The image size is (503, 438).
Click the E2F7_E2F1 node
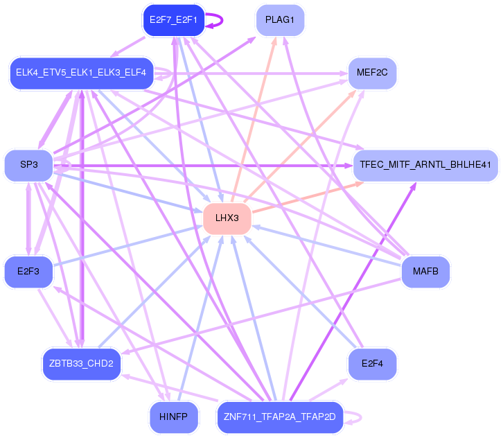pos(173,20)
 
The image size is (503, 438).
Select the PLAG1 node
pos(280,20)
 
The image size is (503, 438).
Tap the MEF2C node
pos(372,71)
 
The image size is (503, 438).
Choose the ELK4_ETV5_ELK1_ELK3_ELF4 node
pos(82,73)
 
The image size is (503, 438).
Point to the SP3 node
pos(28,165)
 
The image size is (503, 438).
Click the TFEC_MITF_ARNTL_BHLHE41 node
pos(425,165)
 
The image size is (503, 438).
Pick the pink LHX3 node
pos(227,218)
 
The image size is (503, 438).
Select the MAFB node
pos(425,271)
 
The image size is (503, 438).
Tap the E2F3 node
pos(28,271)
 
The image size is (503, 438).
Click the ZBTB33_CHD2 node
pos(82,363)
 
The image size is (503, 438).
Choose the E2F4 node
pos(372,363)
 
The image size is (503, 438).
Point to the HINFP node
pos(173,417)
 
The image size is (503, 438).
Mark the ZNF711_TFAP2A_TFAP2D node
pos(280,417)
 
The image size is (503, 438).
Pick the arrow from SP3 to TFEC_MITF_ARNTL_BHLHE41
pos(208,165)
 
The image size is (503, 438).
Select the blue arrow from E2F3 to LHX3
pos(125,245)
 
